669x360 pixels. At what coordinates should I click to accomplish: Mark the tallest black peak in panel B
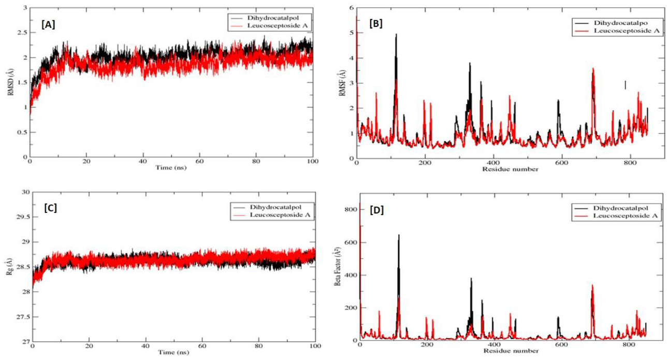pos(396,35)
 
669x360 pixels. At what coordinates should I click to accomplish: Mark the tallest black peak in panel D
pos(399,236)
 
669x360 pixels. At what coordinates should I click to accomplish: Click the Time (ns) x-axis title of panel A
pos(170,168)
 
